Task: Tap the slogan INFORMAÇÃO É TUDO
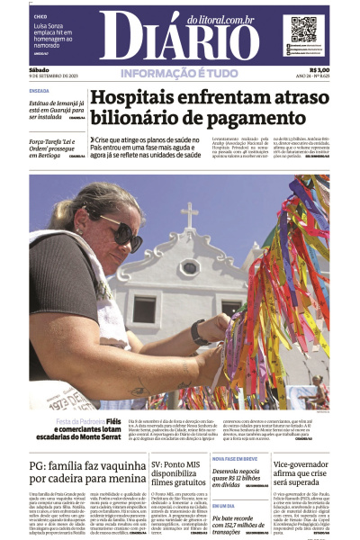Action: [179, 72]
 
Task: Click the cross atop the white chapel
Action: [189, 215]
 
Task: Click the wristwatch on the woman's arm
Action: [199, 332]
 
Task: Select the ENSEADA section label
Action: [40, 91]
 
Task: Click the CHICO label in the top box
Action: [40, 17]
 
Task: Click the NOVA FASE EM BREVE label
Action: [236, 457]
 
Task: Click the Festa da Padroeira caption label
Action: [79, 420]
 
